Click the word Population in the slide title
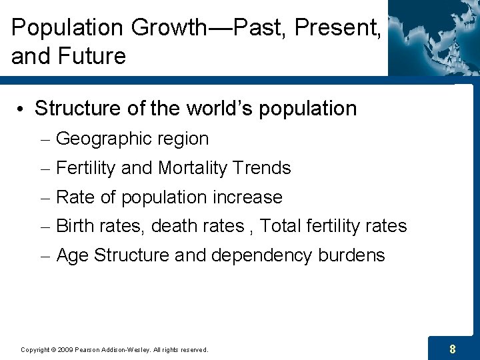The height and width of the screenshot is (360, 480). (67, 28)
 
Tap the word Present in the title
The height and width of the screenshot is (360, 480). (335, 28)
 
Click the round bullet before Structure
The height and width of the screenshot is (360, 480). (23, 109)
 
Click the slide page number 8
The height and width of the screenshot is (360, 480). (453, 349)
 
